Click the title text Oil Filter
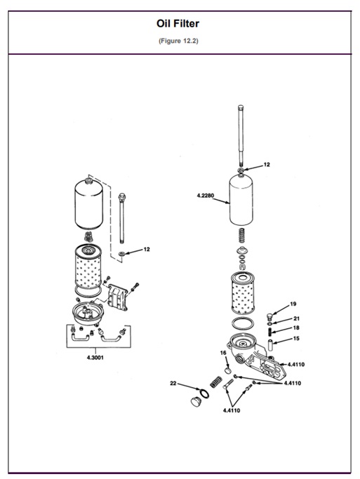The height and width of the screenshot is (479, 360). point(179,24)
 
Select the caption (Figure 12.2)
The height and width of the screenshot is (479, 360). point(179,39)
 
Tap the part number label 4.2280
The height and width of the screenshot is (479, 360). point(206,196)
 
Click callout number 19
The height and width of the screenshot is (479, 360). point(293,304)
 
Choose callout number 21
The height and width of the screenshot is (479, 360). point(296,318)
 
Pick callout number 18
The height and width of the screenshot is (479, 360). point(296,328)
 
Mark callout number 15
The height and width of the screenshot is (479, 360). point(296,338)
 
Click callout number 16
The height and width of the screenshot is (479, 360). point(222,353)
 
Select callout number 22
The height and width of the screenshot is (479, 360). point(173,383)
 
